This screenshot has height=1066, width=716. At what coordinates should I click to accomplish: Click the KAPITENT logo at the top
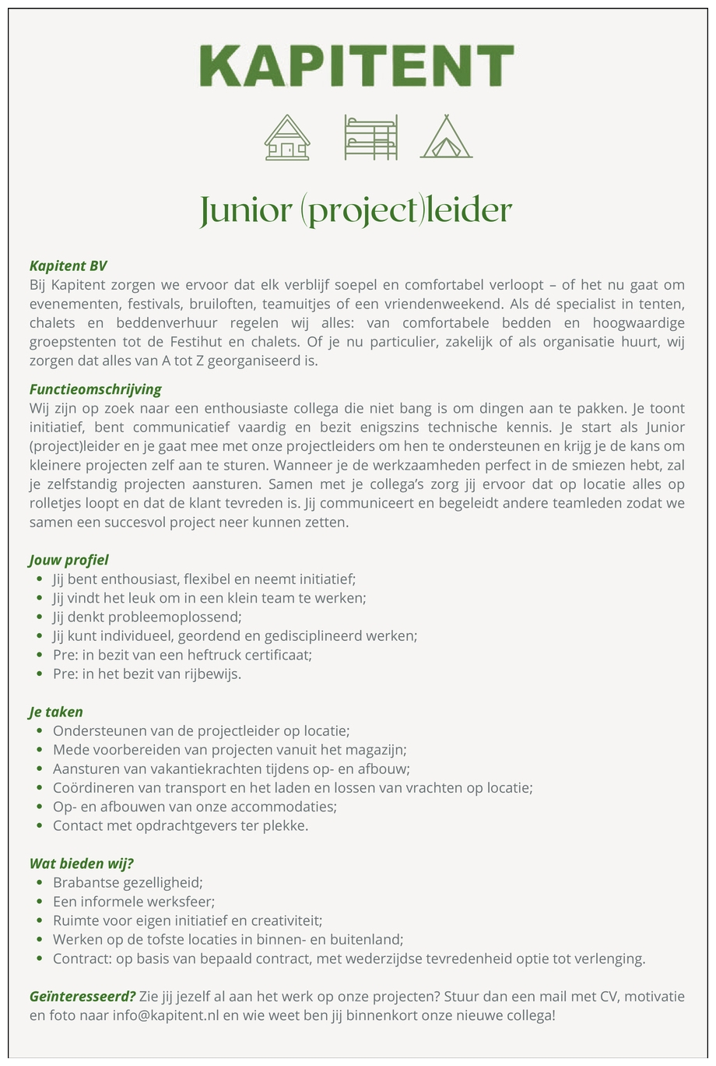pos(356,65)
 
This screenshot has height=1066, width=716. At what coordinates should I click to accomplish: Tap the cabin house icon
pos(287,138)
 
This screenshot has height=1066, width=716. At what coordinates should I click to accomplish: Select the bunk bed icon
pos(371,138)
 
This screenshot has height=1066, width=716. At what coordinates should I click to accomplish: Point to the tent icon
pos(446,138)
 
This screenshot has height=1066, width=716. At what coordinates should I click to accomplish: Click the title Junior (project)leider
pos(356,210)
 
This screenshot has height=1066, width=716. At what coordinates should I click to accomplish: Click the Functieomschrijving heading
pos(96,389)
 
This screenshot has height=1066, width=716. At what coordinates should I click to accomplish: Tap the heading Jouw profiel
pos(69,560)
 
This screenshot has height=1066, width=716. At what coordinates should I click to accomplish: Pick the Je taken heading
pos(56,712)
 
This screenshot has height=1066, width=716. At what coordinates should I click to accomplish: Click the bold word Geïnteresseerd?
pos(82,997)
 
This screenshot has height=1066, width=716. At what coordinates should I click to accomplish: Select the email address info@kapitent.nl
pos(165,1016)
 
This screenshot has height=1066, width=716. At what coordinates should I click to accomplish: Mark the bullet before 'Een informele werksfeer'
pos(39,902)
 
